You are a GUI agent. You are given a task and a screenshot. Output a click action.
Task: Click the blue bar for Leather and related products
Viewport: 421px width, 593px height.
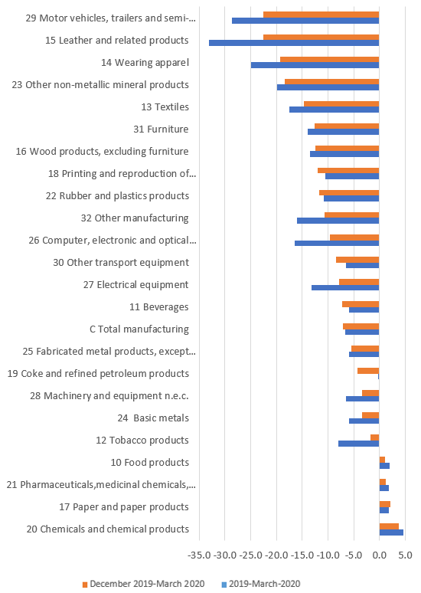tap(294, 43)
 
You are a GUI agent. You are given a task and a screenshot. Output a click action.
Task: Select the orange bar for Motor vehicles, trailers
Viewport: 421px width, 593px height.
tap(321, 15)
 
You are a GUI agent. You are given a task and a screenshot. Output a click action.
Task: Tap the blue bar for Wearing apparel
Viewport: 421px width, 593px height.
tap(315, 65)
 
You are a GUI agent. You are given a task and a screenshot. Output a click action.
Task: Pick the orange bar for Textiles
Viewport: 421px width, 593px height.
tap(341, 104)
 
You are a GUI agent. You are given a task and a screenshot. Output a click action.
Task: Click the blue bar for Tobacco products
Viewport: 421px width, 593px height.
tap(359, 444)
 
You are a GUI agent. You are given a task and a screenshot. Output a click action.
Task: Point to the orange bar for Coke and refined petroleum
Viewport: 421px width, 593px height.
tap(368, 371)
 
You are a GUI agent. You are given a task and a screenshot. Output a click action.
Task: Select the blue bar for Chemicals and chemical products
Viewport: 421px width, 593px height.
tap(391, 532)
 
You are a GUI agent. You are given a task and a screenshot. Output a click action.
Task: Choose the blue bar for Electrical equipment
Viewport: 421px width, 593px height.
tap(345, 288)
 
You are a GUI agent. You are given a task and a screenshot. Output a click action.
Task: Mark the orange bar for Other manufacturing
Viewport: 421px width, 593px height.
tap(352, 215)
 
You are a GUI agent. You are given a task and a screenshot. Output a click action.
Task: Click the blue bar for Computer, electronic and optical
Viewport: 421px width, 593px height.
tap(337, 243)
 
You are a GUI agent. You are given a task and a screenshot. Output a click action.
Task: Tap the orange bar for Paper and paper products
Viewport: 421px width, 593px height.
tap(385, 504)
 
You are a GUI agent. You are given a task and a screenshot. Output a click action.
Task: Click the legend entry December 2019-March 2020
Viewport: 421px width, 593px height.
tap(144, 584)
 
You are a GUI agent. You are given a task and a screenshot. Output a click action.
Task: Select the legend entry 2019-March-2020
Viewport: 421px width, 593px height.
tap(261, 584)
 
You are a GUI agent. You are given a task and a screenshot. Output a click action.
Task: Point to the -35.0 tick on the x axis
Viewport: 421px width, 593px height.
tap(199, 555)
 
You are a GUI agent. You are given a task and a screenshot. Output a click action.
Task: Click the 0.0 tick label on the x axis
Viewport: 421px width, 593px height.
tap(380, 555)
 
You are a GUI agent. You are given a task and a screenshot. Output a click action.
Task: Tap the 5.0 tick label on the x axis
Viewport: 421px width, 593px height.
tap(405, 555)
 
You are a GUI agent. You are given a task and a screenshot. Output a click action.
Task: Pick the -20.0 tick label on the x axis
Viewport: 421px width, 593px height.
tap(276, 555)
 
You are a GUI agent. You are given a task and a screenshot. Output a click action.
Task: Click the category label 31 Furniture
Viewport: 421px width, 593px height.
tap(161, 129)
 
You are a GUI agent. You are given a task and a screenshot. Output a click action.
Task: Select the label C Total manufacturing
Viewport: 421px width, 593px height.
tap(139, 329)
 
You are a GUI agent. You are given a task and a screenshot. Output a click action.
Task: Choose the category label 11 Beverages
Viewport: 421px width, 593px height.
tap(159, 307)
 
